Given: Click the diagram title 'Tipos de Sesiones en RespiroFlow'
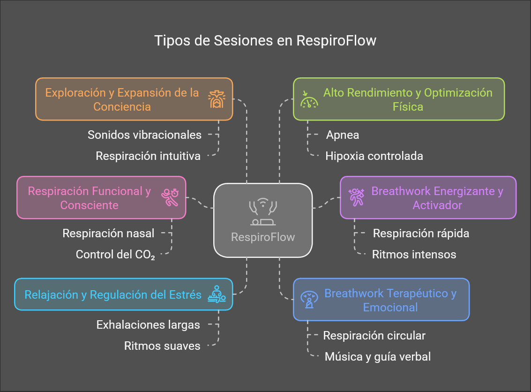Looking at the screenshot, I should tap(265, 41).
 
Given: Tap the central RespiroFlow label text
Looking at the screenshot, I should tap(263, 237).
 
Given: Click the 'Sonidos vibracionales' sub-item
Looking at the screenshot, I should tap(144, 135).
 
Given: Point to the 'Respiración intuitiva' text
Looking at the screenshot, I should tap(148, 156).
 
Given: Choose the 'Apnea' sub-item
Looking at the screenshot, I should tap(343, 135).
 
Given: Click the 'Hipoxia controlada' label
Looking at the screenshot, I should tap(374, 156).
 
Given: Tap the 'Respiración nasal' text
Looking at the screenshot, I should tap(108, 233).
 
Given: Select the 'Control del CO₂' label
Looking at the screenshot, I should tap(115, 255).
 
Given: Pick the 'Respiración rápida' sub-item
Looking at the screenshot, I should tap(421, 233).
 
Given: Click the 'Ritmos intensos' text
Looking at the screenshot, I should tap(414, 255).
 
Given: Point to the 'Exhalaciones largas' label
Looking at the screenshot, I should tap(148, 324).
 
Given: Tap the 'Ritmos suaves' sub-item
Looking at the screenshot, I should tap(162, 346).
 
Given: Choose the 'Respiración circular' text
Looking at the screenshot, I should tap(374, 336).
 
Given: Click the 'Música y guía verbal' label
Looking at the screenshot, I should tap(378, 356).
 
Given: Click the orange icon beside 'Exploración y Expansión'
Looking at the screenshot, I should tap(217, 99).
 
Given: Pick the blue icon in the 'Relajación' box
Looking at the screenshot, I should tap(217, 294).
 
